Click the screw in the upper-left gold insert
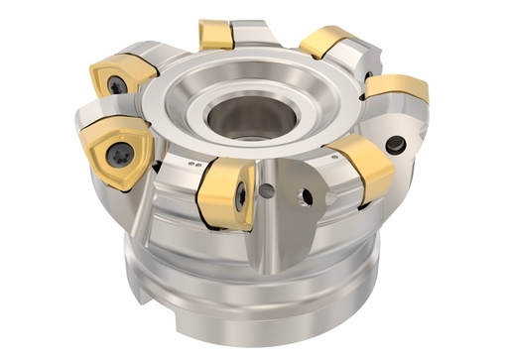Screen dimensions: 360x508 [118, 85]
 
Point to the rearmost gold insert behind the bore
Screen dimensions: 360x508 [216, 35]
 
